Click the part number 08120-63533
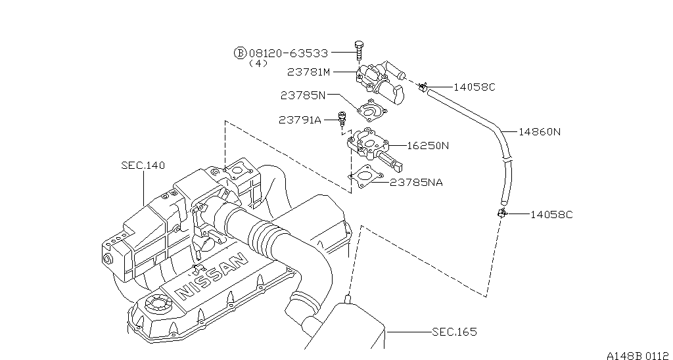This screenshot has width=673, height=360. (289, 53)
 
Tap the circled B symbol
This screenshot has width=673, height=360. (240, 53)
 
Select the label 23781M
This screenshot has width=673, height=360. (309, 72)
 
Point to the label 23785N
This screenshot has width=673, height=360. (303, 95)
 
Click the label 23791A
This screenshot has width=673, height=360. (300, 120)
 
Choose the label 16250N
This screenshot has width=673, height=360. (427, 146)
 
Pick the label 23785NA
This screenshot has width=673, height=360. (416, 183)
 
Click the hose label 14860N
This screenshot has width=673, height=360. (540, 132)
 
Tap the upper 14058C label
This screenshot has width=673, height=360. (475, 87)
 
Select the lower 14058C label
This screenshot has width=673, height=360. (551, 215)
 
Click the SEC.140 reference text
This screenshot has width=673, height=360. (143, 165)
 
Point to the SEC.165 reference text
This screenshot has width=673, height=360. (454, 332)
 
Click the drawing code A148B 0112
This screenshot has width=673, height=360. (639, 355)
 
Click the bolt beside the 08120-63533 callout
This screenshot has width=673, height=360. (359, 51)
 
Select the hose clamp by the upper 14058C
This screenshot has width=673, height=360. (423, 87)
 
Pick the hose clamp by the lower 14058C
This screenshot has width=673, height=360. (501, 212)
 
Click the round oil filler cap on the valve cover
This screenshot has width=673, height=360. (158, 304)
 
